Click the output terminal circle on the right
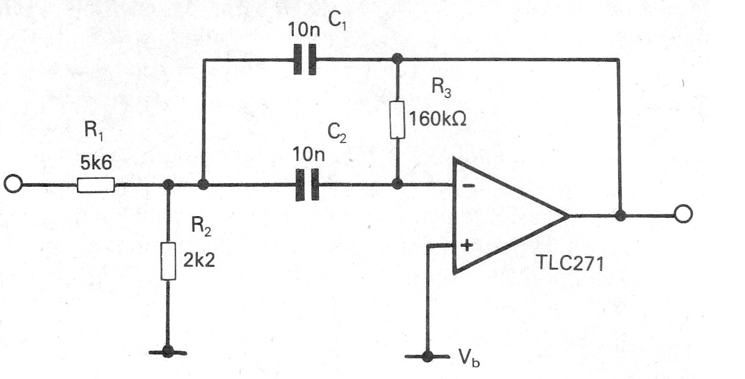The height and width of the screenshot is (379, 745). (x=683, y=215)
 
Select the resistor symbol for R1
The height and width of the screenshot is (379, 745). (x=95, y=185)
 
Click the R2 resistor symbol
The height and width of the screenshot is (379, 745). (x=168, y=261)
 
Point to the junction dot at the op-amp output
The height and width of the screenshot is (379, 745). (x=619, y=216)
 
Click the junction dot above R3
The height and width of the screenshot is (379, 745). (x=397, y=58)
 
